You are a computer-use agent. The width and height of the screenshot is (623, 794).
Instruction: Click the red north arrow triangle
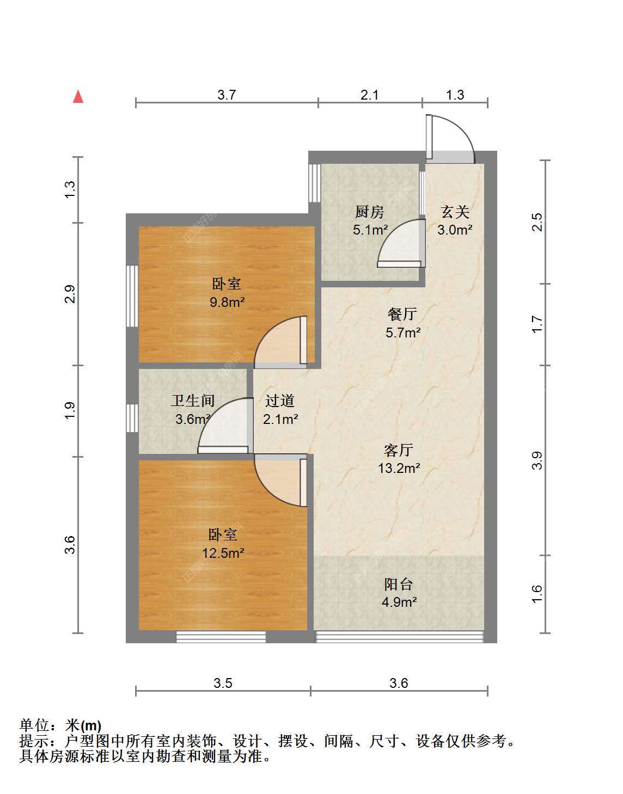(x=78, y=97)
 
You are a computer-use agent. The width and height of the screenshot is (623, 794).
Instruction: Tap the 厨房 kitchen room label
(x=370, y=212)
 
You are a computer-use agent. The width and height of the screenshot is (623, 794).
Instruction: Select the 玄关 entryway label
(x=455, y=212)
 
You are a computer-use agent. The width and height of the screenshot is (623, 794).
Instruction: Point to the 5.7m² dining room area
(x=403, y=333)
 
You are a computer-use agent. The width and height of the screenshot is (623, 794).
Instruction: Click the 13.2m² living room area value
(x=399, y=468)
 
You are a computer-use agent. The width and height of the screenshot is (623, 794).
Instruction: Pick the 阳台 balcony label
(x=399, y=584)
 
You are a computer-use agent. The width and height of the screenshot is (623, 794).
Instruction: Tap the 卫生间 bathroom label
(x=193, y=401)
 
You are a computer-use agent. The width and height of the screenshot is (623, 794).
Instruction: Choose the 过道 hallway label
(x=280, y=401)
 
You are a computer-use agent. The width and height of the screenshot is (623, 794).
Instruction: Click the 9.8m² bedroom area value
(x=227, y=302)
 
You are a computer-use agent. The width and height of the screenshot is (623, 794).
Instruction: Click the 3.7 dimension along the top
(x=227, y=95)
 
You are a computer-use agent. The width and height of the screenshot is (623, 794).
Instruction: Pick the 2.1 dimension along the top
(x=369, y=95)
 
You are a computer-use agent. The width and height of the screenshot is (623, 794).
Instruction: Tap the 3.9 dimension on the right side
(x=537, y=460)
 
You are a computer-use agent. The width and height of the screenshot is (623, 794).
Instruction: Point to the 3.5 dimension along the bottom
(x=223, y=683)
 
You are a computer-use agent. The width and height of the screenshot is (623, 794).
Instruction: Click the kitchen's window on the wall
(x=314, y=183)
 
